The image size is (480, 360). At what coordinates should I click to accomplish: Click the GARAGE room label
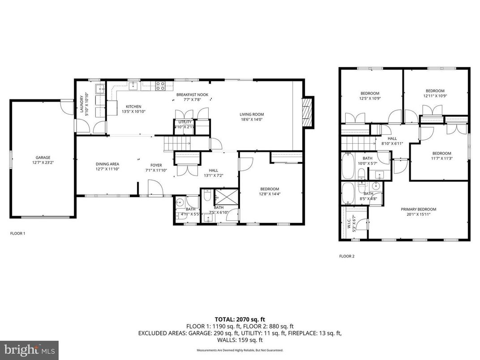click(43, 157)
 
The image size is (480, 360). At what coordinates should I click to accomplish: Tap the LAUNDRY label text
click(81, 105)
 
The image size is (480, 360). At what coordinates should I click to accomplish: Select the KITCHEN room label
click(133, 106)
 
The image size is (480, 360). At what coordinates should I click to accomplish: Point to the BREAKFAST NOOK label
click(192, 95)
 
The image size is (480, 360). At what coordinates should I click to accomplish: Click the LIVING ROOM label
click(252, 114)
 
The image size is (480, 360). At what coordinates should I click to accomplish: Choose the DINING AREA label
click(107, 164)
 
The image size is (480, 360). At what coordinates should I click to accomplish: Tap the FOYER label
click(156, 165)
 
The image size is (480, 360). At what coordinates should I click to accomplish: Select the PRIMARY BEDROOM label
click(418, 209)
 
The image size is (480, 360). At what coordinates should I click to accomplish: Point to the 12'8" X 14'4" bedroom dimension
click(269, 194)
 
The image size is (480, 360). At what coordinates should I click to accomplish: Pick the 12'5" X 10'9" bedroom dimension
click(370, 98)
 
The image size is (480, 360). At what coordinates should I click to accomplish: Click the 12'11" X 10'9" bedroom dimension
click(435, 95)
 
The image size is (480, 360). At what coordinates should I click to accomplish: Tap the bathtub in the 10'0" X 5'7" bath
click(347, 166)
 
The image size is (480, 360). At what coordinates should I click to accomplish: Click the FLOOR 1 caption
click(18, 233)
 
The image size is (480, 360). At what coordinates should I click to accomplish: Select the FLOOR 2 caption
click(347, 257)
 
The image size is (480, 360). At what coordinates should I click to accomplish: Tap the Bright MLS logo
click(29, 350)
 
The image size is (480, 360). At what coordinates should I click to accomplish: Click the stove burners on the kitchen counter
click(160, 86)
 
